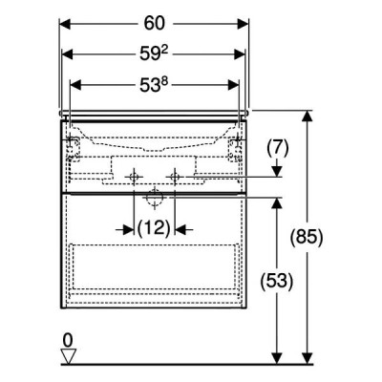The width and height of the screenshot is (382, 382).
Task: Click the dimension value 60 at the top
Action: click(x=155, y=24)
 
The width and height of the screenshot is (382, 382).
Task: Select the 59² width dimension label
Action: click(x=154, y=54)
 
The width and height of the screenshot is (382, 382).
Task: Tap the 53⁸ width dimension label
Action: click(x=154, y=85)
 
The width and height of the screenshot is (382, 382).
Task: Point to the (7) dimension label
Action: click(x=278, y=148)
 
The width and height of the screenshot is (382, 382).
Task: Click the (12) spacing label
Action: click(x=154, y=228)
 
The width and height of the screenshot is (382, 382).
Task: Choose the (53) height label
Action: click(x=276, y=282)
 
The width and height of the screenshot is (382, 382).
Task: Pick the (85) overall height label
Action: click(x=307, y=237)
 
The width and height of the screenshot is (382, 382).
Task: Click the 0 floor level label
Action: click(x=68, y=341)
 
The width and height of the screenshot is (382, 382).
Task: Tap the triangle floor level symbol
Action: click(x=69, y=356)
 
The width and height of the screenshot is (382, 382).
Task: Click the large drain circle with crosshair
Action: click(x=155, y=198)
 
